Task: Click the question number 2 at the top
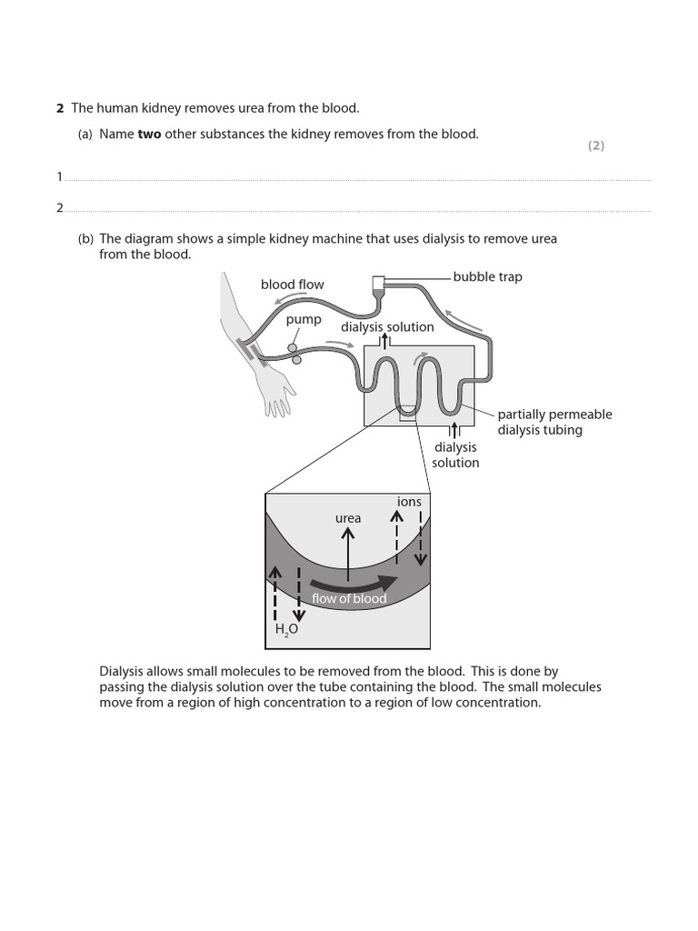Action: coord(60,108)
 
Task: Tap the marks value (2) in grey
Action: coord(595,145)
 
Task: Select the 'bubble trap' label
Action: coord(487,276)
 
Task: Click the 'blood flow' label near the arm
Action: coord(292,285)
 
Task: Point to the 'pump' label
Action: coord(304,319)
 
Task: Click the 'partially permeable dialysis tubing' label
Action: coord(554,422)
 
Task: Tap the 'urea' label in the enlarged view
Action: coord(348,518)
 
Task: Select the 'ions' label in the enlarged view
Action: coord(409,502)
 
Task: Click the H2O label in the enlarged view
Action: coord(286,628)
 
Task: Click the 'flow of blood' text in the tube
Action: coord(349,598)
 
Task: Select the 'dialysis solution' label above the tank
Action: coord(387,326)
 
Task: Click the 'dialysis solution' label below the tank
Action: coord(455,455)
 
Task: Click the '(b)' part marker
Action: coord(85,238)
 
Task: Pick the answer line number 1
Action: coord(60,176)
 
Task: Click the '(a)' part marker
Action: coord(85,134)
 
